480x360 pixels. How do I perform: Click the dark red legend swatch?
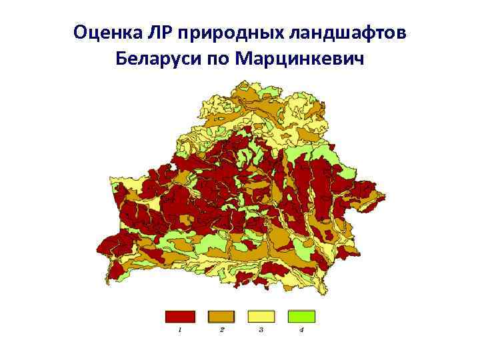[x=180, y=316]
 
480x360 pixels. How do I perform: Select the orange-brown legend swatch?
[x=221, y=316]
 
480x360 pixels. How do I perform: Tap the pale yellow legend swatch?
[x=261, y=316]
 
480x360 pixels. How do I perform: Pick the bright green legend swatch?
[x=301, y=316]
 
